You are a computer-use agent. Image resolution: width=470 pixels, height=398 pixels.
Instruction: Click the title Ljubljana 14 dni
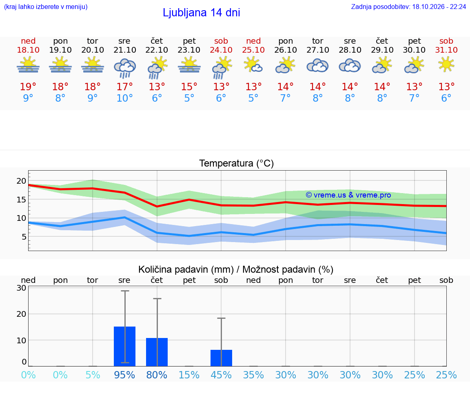[202, 13]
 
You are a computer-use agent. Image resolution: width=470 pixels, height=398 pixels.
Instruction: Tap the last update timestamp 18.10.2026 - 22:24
[439, 7]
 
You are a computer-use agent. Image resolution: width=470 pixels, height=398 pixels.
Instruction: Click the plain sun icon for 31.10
[446, 64]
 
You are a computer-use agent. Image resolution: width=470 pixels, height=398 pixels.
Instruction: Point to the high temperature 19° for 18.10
[28, 87]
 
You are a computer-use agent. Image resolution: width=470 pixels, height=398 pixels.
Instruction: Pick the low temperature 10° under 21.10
[125, 98]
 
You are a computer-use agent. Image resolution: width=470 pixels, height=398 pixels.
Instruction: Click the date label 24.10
[221, 50]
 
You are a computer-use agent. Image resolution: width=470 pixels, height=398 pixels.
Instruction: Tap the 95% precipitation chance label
[124, 375]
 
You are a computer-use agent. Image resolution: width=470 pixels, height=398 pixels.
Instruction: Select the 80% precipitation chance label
[157, 375]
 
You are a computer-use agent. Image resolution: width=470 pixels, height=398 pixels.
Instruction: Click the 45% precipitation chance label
[221, 375]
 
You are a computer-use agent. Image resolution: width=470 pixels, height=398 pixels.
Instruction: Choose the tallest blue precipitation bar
[125, 347]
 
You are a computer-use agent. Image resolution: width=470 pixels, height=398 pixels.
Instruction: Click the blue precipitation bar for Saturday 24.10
[221, 358]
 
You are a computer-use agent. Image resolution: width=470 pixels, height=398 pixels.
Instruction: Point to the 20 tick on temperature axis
[21, 181]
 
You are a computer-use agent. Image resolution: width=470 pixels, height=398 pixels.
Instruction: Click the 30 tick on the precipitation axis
[21, 288]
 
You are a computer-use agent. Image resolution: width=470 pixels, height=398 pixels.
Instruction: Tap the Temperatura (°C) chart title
[237, 163]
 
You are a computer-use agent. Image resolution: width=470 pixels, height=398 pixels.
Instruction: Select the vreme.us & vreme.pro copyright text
[348, 195]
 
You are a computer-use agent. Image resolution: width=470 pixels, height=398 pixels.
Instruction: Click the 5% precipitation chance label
[93, 375]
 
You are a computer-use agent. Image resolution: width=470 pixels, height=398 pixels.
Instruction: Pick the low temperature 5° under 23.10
[189, 98]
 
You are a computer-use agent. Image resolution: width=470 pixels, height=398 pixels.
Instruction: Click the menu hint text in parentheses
[46, 7]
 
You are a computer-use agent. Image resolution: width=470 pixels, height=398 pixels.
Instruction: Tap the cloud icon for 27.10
[318, 66]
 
